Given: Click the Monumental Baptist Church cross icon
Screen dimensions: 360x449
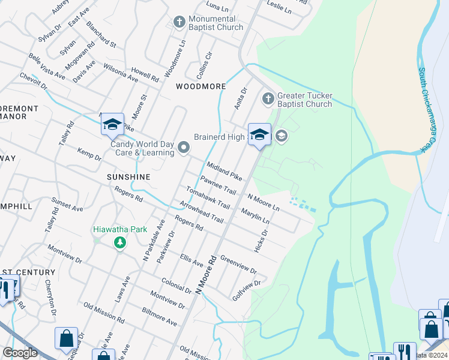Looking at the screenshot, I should point(178,22).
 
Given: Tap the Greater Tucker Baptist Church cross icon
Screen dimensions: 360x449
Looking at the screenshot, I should point(268,97).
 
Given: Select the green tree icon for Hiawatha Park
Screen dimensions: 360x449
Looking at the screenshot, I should point(120,242).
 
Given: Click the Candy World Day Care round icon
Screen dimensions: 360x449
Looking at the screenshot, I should point(184,148).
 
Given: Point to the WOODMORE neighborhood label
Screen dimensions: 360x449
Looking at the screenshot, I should point(200,86).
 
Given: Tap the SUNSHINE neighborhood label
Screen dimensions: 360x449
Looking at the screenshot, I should point(128,178).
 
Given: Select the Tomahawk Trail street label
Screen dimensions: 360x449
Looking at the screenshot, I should point(208,197).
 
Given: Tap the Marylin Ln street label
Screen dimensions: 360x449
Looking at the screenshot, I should point(255,217).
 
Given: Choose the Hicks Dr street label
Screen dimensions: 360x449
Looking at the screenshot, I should point(262,240).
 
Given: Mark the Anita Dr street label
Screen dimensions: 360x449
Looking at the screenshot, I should point(240,99).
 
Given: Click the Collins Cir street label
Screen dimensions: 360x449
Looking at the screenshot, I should point(205,66).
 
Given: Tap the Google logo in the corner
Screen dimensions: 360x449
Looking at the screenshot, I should point(20,353).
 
